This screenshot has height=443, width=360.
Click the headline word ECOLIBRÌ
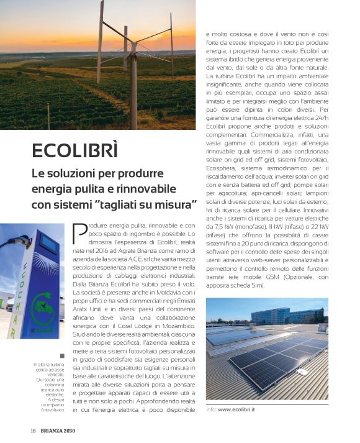click(x=75, y=152)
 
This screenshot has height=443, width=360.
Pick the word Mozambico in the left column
click(x=176, y=326)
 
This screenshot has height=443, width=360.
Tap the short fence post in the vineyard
click(x=48, y=114)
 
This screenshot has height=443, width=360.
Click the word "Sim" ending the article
click(x=256, y=286)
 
